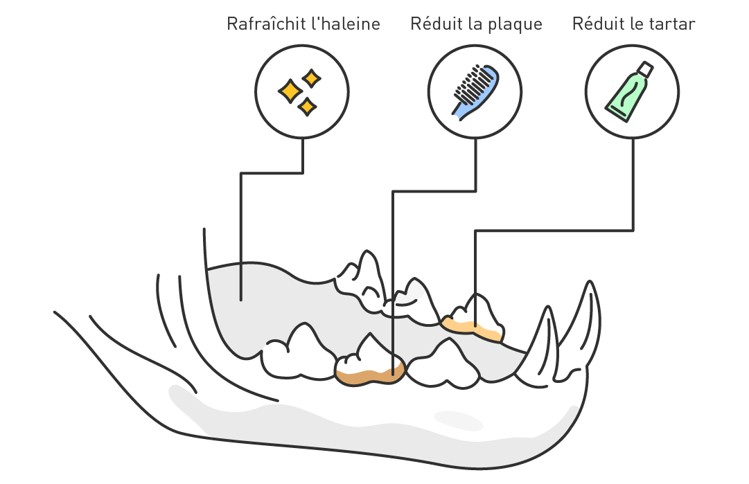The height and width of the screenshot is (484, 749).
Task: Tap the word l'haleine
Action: click(x=346, y=24)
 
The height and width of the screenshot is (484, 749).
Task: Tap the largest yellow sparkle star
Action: click(x=290, y=91)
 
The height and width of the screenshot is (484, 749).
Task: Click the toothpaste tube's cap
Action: click(x=645, y=69)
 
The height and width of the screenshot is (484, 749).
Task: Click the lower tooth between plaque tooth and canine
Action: click(x=443, y=364)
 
